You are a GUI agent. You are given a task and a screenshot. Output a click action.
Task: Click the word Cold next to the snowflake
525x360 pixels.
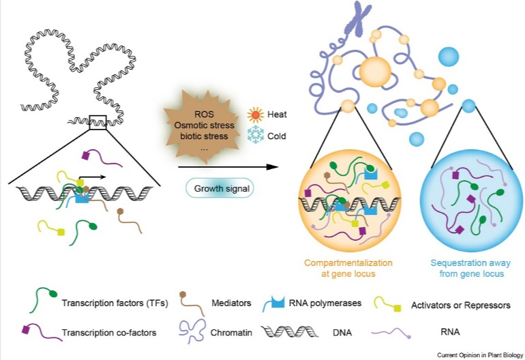click(277, 136)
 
